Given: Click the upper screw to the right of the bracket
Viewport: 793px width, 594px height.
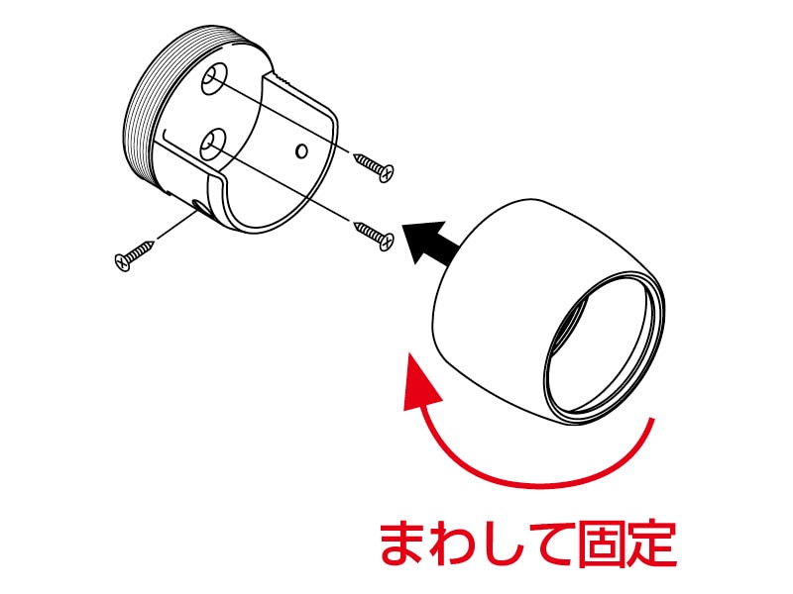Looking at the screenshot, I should (x=374, y=166).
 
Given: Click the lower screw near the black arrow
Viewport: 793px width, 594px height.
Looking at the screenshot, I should (x=376, y=234).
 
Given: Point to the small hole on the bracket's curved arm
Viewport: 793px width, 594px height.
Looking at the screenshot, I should (x=302, y=151).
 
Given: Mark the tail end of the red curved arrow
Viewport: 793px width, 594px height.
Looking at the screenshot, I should (x=651, y=426).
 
